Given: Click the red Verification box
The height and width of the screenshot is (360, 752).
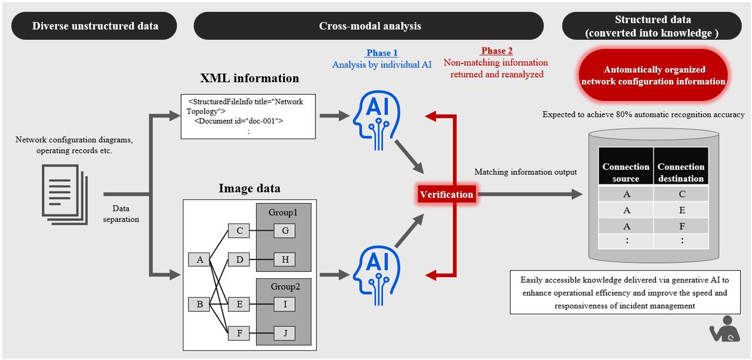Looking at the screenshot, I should [x=446, y=194].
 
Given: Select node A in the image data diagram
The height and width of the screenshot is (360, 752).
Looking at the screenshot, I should [x=200, y=259].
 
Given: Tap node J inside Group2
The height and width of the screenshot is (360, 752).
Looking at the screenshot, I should [x=285, y=334].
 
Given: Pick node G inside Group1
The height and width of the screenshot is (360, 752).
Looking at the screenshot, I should [x=285, y=231].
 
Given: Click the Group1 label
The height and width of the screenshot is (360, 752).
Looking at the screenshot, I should [x=283, y=212].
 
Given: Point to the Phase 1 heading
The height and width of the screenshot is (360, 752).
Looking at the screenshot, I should [x=382, y=53].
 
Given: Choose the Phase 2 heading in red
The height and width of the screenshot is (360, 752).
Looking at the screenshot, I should [x=496, y=51].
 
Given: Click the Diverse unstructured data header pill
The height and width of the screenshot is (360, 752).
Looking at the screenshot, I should [x=95, y=26].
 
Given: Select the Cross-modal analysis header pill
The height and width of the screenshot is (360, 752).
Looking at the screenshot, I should [x=370, y=26].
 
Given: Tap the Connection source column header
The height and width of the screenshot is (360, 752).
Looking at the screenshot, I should [x=626, y=173].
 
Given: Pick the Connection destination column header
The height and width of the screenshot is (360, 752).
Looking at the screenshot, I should [x=681, y=173].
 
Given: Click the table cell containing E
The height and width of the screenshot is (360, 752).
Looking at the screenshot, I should [x=681, y=210].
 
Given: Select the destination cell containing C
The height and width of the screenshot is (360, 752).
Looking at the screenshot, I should [x=681, y=194].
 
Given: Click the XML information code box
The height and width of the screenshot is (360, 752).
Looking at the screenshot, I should [x=248, y=116].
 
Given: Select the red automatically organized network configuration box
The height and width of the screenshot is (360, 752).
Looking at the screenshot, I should [x=653, y=76].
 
